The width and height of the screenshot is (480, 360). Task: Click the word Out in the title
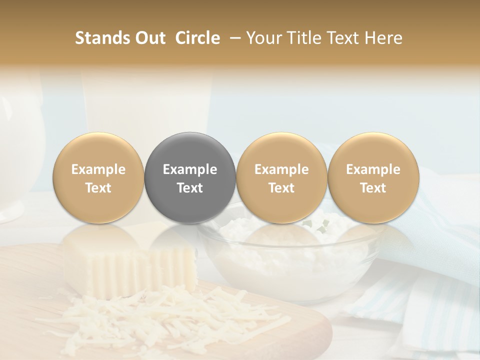click(x=148, y=38)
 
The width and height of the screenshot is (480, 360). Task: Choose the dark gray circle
click(x=190, y=178)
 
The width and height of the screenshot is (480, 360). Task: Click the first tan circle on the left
click(x=98, y=178)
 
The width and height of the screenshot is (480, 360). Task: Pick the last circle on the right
click(x=373, y=178)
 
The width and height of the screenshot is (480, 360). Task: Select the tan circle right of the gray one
click(x=281, y=178)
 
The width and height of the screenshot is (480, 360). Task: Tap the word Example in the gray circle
click(x=190, y=169)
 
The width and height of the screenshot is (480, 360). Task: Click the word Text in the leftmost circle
click(x=98, y=188)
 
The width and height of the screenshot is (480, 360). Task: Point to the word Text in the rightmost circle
click(x=373, y=188)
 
